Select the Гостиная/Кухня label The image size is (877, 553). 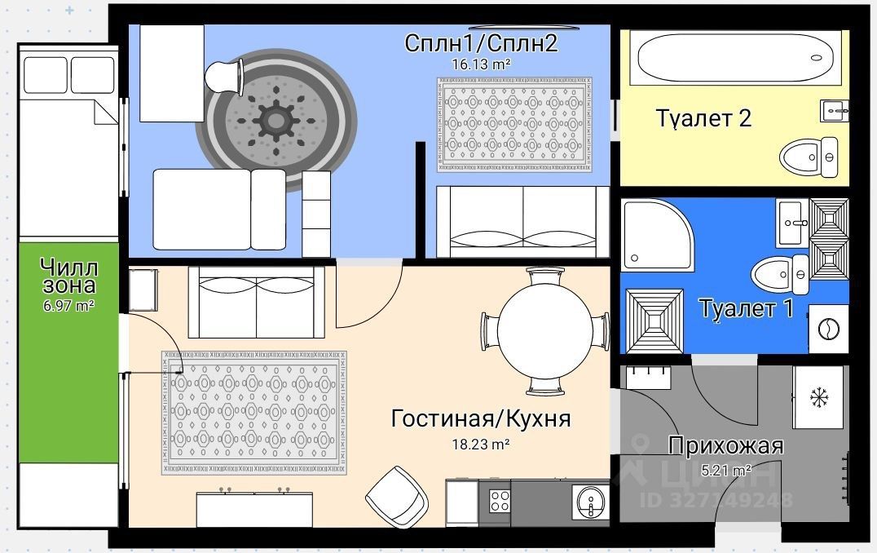tap(481, 419)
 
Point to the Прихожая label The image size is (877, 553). tap(725, 446)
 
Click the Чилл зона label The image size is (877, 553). tap(68, 276)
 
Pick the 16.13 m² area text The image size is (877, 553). tap(481, 62)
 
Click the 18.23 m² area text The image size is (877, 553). tap(481, 445)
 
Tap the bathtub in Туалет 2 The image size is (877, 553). tap(734, 59)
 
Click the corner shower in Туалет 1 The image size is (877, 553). tap(657, 236)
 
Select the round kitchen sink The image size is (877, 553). tap(590, 498)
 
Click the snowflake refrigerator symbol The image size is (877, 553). tap(818, 397)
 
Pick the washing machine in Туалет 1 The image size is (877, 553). tap(828, 330)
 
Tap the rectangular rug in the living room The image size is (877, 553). tap(254, 412)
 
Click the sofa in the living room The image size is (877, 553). tap(257, 301)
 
